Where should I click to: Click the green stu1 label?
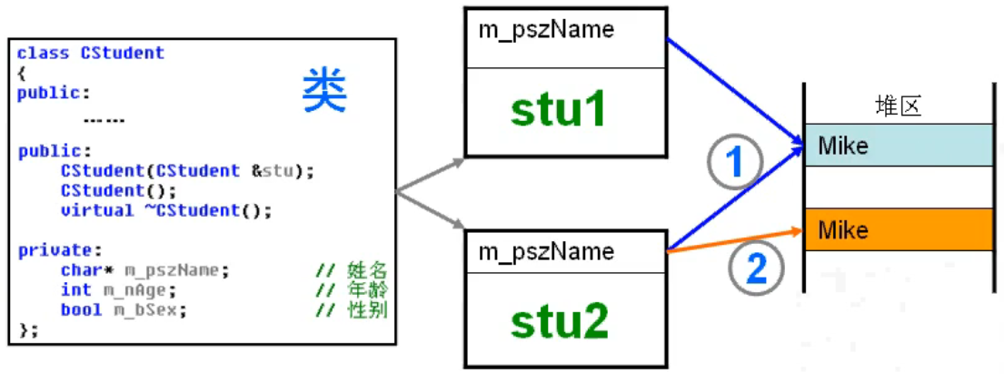557,110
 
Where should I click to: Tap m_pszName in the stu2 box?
546,251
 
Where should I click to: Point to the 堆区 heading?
898,106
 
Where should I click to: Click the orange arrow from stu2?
736,239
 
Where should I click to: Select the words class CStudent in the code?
91,53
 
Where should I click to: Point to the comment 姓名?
367,270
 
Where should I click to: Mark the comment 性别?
367,310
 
